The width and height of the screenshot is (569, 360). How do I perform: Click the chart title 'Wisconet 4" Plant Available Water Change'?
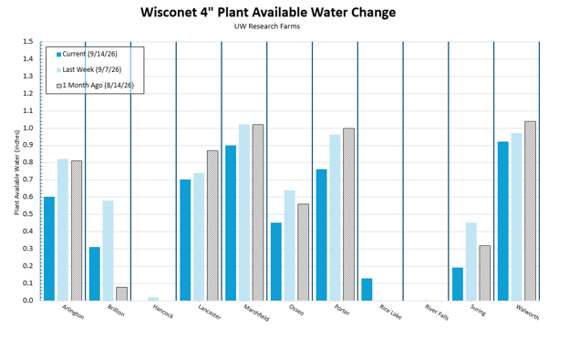point(268,13)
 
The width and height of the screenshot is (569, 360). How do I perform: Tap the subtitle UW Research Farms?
point(267,26)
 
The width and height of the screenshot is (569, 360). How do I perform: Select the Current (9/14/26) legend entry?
point(88,54)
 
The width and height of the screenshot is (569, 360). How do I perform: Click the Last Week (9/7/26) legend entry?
point(89,69)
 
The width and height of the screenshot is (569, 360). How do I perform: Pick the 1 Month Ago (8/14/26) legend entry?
point(95,86)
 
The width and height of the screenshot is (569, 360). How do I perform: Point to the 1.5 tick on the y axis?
point(28,42)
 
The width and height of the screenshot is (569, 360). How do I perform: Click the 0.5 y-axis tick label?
point(28,214)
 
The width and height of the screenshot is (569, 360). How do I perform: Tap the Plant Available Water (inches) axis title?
point(16,172)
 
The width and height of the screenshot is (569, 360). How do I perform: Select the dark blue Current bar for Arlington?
point(49,249)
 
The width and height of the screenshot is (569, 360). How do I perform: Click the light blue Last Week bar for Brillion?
point(109,251)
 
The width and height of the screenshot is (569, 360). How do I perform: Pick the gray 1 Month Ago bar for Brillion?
point(121,294)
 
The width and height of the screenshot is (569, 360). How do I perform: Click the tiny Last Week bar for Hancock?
point(153,299)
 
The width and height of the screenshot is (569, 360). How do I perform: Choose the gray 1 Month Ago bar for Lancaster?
point(212,225)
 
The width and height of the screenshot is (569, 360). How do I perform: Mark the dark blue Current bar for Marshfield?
point(231,223)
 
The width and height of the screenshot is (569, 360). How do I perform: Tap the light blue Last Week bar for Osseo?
point(290,245)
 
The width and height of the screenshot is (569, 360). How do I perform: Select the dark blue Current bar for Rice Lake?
point(367,289)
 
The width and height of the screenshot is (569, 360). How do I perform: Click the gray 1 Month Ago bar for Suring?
point(485,273)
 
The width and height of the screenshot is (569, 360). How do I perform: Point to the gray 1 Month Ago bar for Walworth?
point(530,211)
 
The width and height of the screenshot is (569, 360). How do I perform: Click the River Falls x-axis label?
point(437,313)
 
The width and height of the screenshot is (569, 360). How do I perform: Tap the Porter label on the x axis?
point(342,310)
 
